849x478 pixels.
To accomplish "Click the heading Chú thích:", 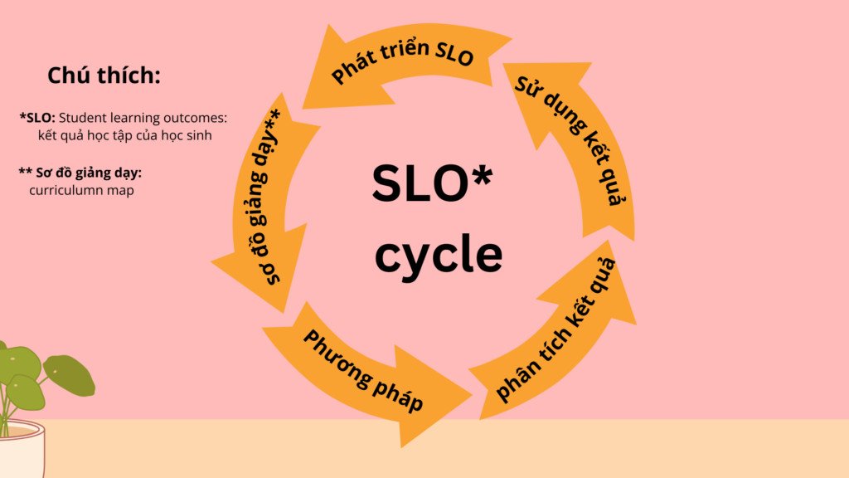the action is click(x=104, y=76).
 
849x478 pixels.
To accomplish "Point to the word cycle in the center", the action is click(x=439, y=256).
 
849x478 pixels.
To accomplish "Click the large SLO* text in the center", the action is click(x=433, y=183).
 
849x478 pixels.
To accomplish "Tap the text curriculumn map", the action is click(x=81, y=190).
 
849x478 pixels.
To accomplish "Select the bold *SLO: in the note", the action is click(x=37, y=118).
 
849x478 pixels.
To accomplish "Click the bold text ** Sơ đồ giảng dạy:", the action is click(x=80, y=173).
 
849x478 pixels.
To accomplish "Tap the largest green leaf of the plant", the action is click(x=69, y=374).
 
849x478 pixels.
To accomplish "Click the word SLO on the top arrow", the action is click(x=454, y=53).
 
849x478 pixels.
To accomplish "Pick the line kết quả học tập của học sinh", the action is click(x=124, y=135).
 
